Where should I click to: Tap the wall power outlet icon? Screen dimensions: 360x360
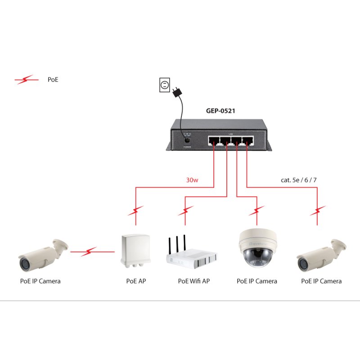click(x=165, y=85)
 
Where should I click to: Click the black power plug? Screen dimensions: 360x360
click(x=177, y=92)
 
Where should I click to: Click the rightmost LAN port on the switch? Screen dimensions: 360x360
click(x=247, y=140)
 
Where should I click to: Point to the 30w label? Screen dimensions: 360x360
click(x=192, y=180)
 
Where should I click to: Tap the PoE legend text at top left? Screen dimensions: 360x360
click(x=53, y=80)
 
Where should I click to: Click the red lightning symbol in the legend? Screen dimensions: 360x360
click(x=27, y=80)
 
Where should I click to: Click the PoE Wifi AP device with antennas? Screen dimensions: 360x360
click(x=191, y=259)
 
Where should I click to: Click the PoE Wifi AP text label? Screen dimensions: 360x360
click(x=193, y=281)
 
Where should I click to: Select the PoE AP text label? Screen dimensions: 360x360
click(x=136, y=281)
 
